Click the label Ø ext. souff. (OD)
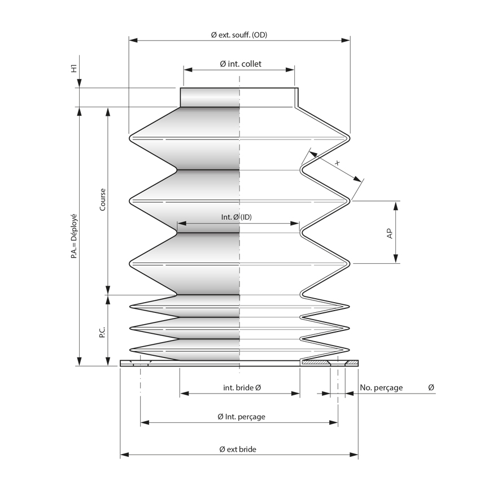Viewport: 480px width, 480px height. point(239,35)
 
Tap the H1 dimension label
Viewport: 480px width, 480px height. point(73,69)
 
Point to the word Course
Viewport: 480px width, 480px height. point(102,199)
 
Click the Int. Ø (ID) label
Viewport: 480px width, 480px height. point(236,217)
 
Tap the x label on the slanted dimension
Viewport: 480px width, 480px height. point(338,163)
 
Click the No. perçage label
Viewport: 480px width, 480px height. point(381,387)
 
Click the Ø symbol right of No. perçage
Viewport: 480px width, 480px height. point(431,387)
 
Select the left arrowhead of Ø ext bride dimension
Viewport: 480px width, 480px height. point(124,455)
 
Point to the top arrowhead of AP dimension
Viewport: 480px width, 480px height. point(396,204)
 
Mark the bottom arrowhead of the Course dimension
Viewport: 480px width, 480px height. point(108,290)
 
